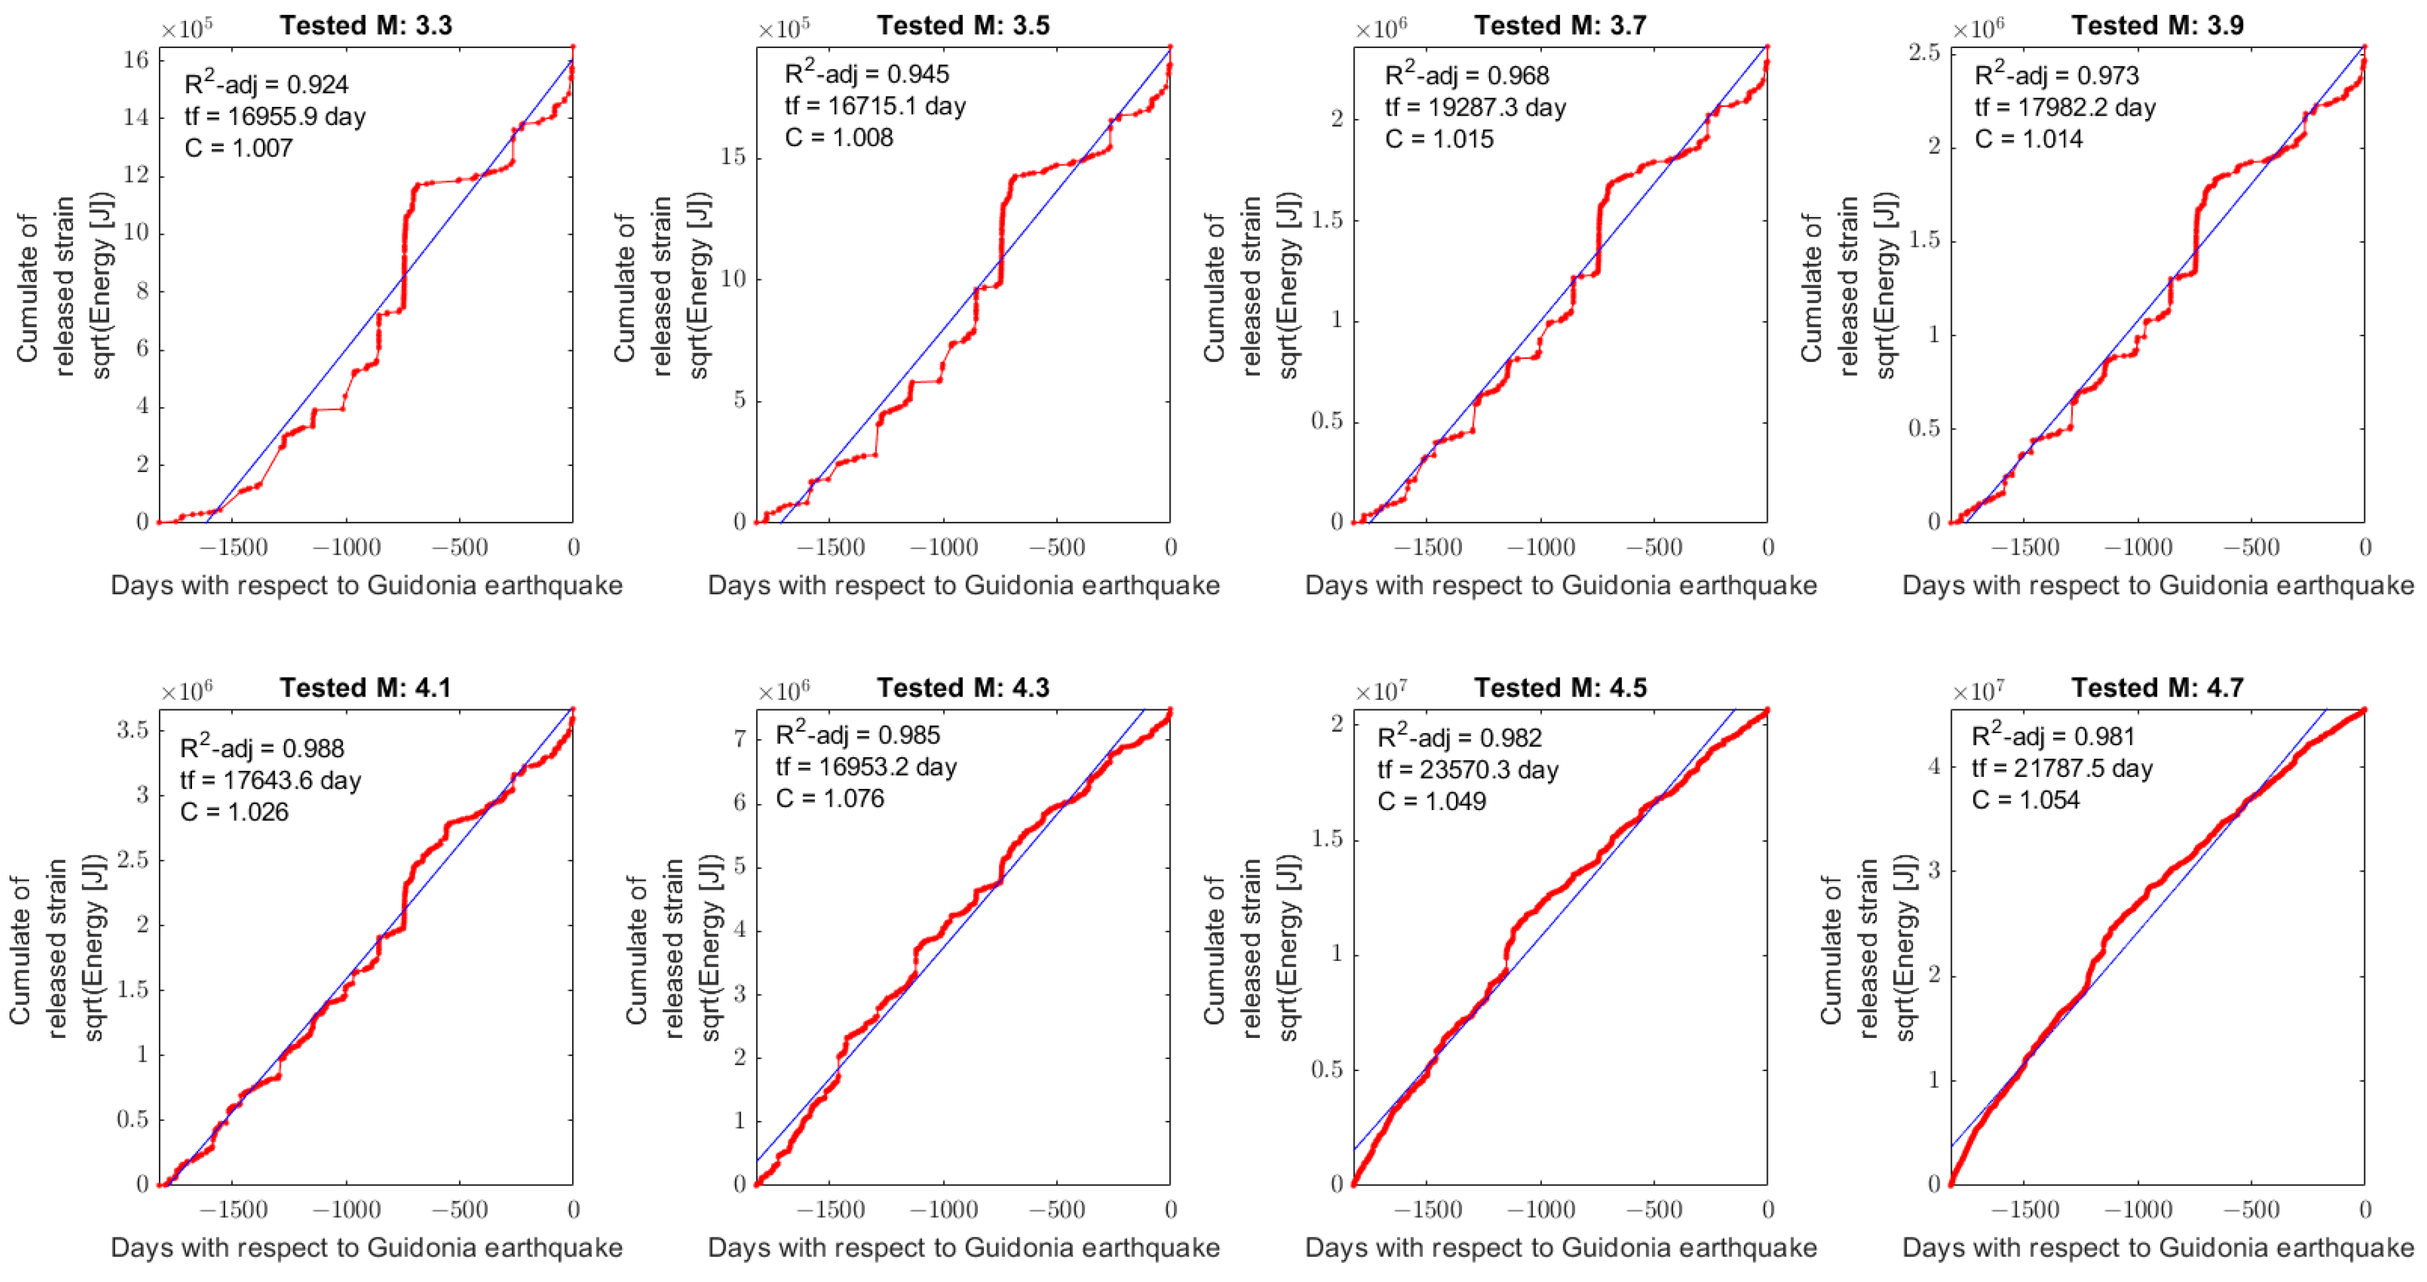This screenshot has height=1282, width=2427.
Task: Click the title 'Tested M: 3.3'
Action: point(366,26)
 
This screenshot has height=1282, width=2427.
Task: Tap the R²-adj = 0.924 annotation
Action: point(266,84)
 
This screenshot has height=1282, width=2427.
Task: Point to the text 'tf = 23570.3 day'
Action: point(1468,769)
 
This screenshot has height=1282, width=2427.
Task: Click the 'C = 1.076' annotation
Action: point(829,799)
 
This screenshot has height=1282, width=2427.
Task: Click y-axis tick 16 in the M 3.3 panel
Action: point(137,60)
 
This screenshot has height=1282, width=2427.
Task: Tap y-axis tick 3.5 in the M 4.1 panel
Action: point(132,730)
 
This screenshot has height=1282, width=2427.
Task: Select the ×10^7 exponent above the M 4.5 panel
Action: point(1380,692)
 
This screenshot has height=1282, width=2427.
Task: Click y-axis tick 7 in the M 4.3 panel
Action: point(740,740)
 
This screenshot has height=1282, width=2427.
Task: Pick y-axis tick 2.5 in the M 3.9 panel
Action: point(1924,53)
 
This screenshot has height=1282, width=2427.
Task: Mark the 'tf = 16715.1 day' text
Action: point(875,106)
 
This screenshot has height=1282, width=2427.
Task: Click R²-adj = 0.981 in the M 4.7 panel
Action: point(2053,736)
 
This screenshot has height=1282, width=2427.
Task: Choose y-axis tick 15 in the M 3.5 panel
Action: point(733,158)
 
